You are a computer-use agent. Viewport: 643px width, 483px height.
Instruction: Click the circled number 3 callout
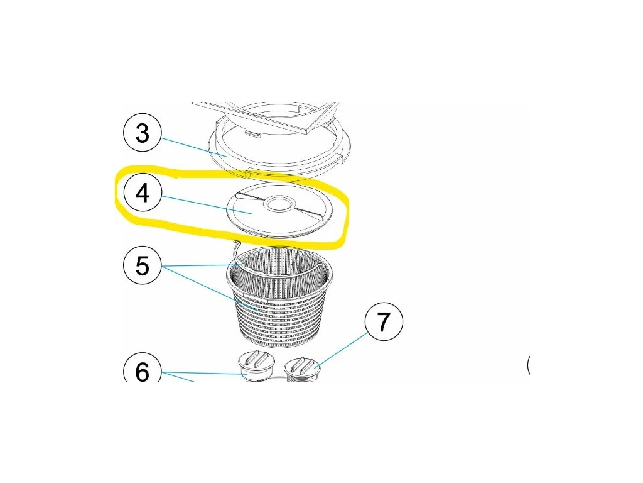[x=143, y=133]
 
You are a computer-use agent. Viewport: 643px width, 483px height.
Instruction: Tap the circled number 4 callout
[x=143, y=193]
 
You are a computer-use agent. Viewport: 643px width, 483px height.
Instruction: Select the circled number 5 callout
[x=143, y=265]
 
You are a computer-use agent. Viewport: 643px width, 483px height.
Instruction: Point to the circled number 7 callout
[x=384, y=321]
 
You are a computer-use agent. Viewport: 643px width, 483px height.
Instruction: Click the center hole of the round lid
[x=278, y=203]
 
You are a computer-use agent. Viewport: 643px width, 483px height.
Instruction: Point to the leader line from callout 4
[x=206, y=206]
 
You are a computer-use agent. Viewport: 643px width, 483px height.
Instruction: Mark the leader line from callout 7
[x=342, y=349]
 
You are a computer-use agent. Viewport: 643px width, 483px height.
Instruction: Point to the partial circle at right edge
[x=528, y=365]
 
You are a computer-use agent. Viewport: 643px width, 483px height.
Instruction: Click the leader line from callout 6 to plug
[x=204, y=373]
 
